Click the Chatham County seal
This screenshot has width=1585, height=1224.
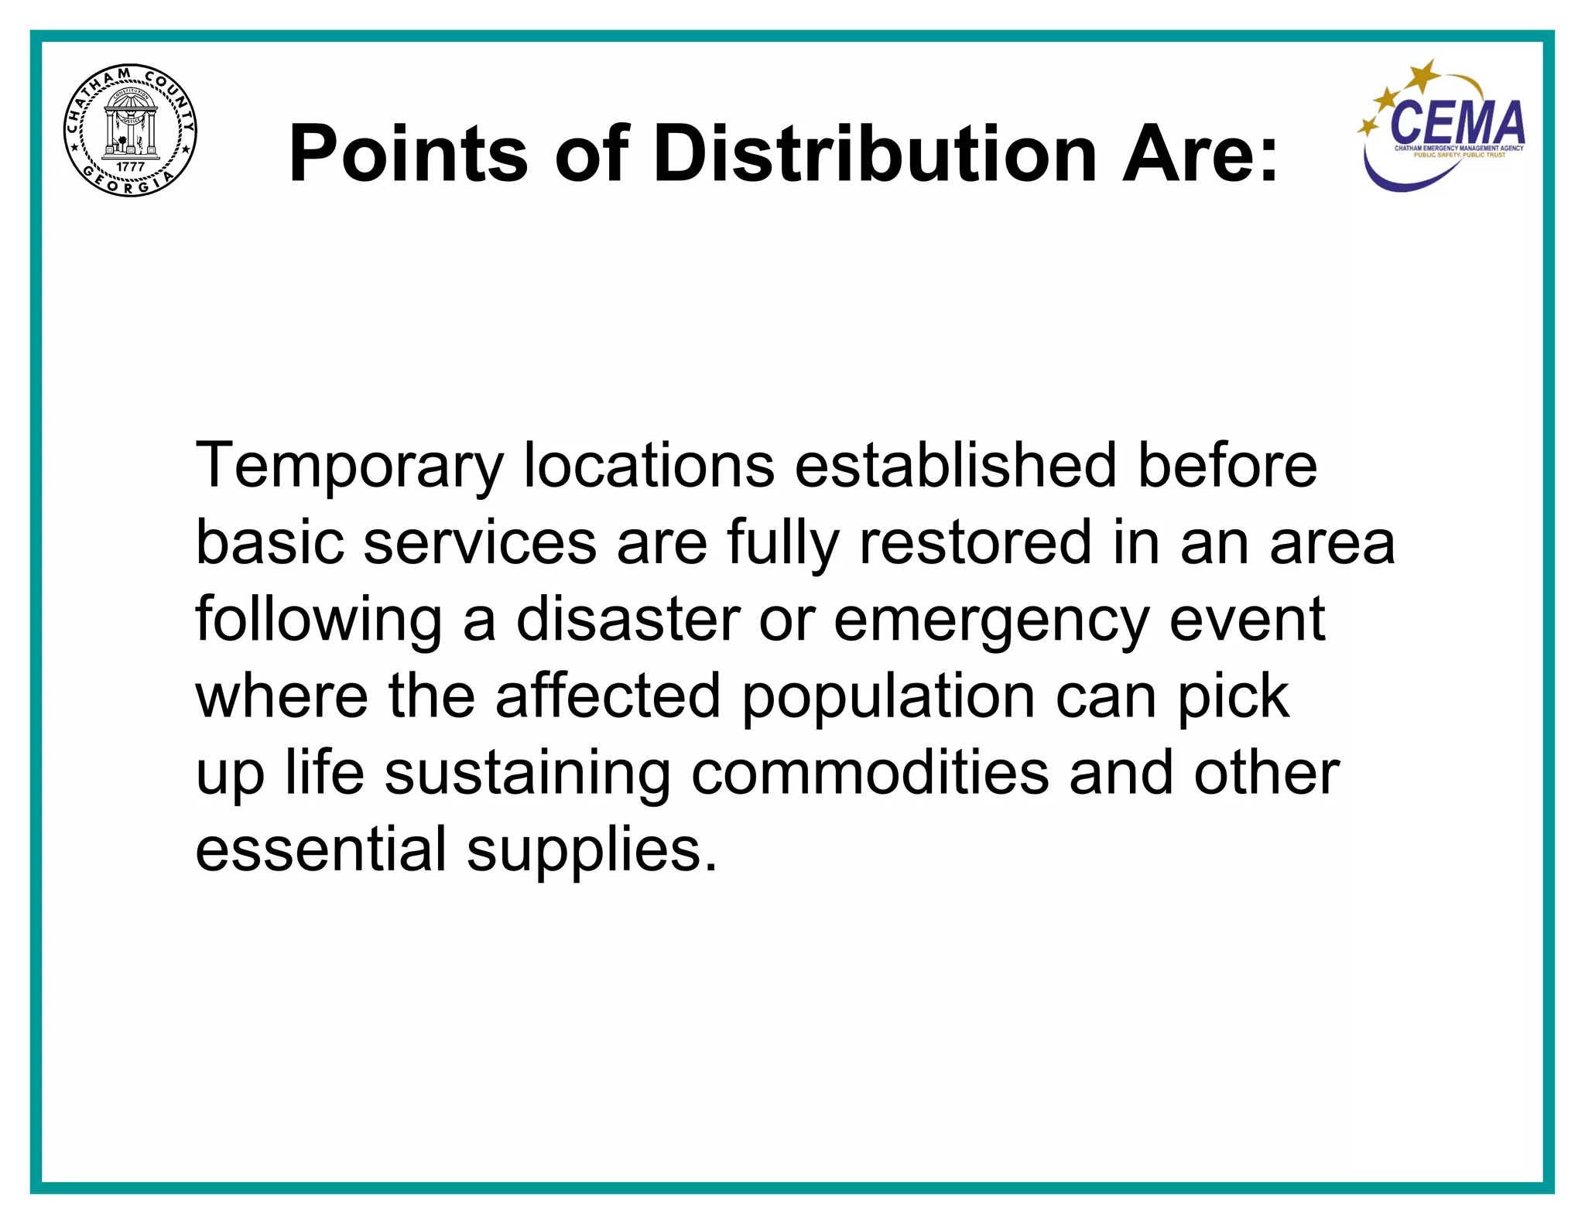click(130, 130)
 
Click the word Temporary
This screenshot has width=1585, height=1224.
click(349, 466)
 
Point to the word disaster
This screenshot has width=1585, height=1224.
click(628, 619)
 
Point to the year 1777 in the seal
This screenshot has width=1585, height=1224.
click(130, 166)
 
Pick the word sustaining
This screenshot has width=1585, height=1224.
click(528, 774)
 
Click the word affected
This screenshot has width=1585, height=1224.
click(608, 696)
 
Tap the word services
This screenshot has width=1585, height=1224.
click(480, 542)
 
